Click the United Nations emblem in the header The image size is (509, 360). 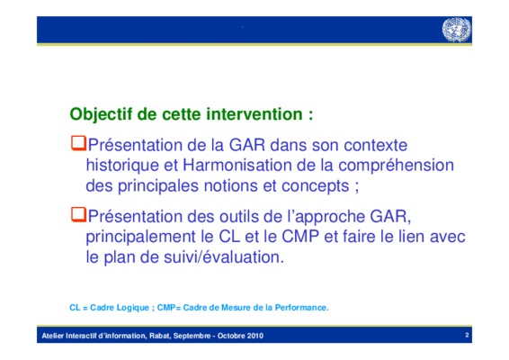(x=457, y=30)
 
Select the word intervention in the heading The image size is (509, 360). (x=254, y=114)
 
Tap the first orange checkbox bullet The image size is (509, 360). (x=78, y=143)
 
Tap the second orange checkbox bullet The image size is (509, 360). (x=78, y=215)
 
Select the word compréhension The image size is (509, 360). (x=396, y=166)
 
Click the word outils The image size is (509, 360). (x=238, y=216)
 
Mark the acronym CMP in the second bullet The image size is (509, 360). (x=300, y=236)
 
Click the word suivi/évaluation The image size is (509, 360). (x=224, y=257)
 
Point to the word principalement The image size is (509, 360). (x=140, y=237)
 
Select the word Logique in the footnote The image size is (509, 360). (x=133, y=308)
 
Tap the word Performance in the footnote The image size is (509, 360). (x=302, y=308)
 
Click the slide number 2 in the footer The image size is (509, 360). (x=467, y=335)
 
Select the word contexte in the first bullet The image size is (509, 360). (x=375, y=145)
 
